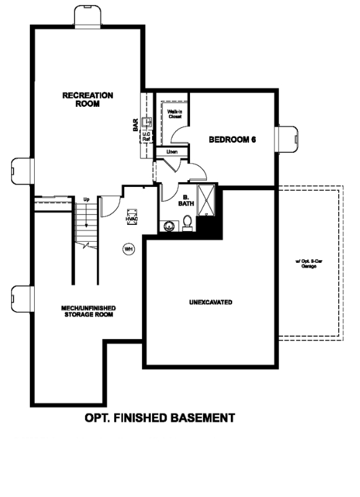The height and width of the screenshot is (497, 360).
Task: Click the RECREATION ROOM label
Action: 88,99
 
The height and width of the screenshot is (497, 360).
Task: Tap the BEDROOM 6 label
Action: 233,140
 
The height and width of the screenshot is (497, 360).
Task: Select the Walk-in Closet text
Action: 174,114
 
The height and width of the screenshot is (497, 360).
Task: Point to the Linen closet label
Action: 171,152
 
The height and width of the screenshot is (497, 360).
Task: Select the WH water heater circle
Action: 129,249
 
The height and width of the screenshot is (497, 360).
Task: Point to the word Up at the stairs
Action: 87,199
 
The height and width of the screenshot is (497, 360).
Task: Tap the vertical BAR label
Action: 135,125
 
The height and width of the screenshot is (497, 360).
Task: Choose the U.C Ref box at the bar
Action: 147,136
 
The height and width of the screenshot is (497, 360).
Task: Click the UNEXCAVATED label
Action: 210,303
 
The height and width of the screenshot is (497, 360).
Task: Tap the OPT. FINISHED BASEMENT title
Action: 160,417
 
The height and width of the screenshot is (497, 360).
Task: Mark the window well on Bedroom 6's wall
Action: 287,139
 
